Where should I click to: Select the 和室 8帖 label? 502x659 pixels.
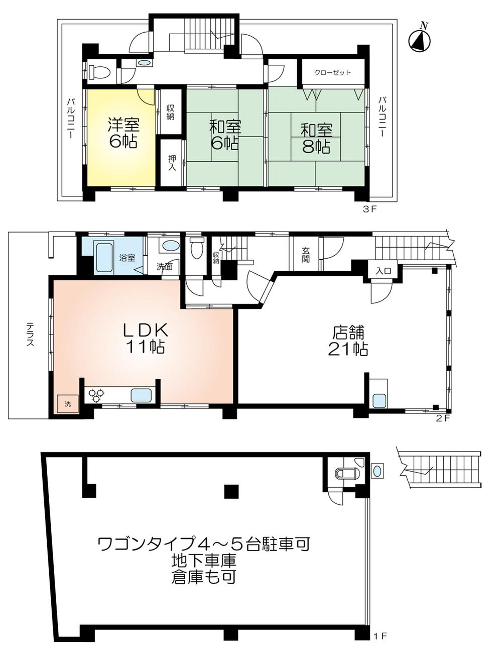316,138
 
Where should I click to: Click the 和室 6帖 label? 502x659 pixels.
225,135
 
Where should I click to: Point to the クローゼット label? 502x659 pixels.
332,73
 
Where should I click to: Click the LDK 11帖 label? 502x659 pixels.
146,338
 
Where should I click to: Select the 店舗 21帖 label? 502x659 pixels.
348,341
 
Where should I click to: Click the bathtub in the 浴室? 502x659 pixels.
104,252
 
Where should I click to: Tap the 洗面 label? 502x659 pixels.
164,267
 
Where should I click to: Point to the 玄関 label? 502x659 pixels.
306,255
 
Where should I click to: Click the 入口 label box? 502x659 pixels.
384,271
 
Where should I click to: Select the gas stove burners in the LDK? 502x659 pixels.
95,395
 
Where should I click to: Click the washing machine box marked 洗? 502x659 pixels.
67,403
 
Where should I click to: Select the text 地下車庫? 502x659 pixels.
203,560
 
